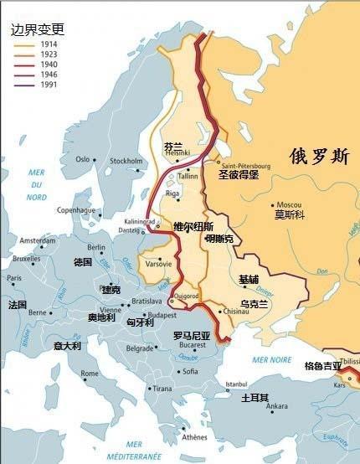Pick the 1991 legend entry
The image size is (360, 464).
click(48, 85)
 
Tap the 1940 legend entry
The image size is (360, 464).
click(48, 65)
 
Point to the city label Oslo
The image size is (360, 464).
click(82, 159)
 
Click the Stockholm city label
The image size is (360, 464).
click(126, 161)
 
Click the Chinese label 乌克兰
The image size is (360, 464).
click(253, 304)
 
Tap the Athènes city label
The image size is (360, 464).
click(194, 437)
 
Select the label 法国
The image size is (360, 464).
click(18, 305)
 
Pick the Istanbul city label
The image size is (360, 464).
click(238, 384)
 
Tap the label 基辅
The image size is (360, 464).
click(249, 279)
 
